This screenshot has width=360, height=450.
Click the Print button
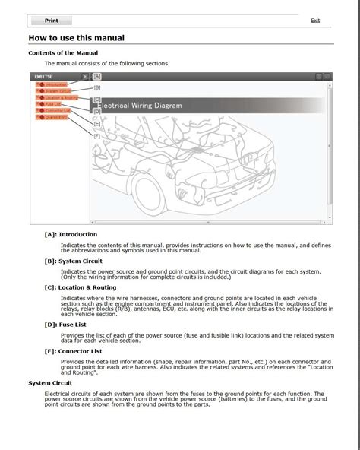[x=52, y=21]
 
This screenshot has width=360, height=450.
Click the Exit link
[x=315, y=21]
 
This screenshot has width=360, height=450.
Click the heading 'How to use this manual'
[x=76, y=38]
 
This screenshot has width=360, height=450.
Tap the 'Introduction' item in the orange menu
[x=55, y=84]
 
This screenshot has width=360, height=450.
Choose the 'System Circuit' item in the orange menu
[x=58, y=91]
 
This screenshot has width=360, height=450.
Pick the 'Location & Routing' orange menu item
[x=62, y=98]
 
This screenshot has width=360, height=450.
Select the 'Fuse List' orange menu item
[x=52, y=104]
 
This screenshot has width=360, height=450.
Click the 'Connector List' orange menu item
[x=57, y=111]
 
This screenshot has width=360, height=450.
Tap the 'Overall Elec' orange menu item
[x=56, y=118]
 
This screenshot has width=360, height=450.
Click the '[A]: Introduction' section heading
[x=71, y=234]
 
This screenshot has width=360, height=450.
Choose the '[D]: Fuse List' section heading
[x=67, y=323]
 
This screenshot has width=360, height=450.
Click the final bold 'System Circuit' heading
[x=50, y=382]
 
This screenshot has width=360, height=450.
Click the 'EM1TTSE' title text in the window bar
[x=44, y=77]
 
